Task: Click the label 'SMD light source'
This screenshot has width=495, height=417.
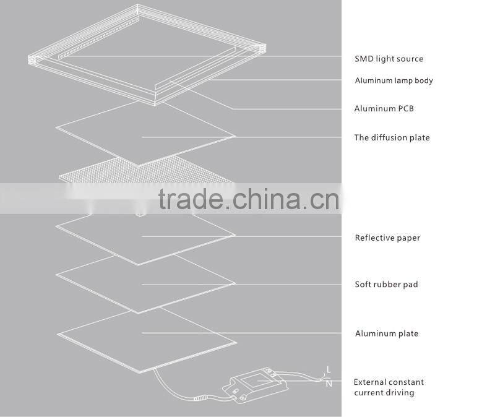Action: (389, 59)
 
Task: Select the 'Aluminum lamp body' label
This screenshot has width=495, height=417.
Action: (394, 80)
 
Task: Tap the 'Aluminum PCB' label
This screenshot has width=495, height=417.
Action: (384, 109)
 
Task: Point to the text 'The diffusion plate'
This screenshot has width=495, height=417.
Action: (392, 137)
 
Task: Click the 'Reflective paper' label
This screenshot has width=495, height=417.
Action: (387, 238)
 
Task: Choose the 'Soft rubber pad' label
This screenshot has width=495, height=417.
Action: (386, 285)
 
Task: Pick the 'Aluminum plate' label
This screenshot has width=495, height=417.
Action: (387, 333)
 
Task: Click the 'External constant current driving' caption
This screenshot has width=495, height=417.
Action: (389, 387)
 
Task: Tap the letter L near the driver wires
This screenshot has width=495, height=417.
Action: (329, 370)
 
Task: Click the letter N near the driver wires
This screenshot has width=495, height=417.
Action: (329, 384)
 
